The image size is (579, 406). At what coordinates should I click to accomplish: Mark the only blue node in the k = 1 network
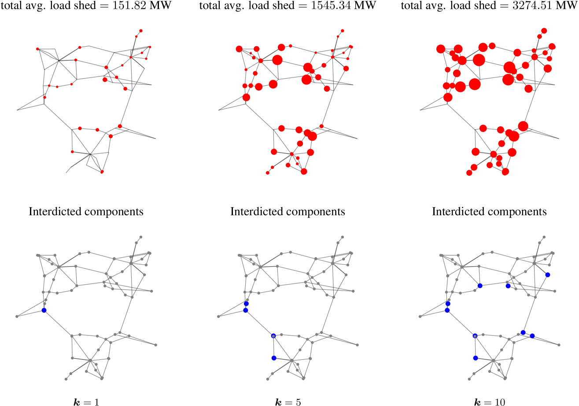[44, 311]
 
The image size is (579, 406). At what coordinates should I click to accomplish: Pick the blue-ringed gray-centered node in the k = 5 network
[273, 336]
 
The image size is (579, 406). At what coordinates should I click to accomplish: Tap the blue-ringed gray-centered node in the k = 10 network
[475, 336]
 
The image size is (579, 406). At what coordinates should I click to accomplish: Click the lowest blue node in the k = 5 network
[274, 358]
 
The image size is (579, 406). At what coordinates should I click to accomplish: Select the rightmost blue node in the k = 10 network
[548, 274]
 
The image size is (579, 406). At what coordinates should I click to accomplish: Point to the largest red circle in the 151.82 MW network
[105, 80]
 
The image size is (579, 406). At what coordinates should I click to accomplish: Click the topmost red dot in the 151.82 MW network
[141, 30]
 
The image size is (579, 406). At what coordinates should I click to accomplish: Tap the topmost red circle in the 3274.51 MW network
[544, 30]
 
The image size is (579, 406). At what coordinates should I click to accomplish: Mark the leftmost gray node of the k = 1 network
[17, 316]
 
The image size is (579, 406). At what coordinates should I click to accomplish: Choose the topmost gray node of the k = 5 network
[343, 237]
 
